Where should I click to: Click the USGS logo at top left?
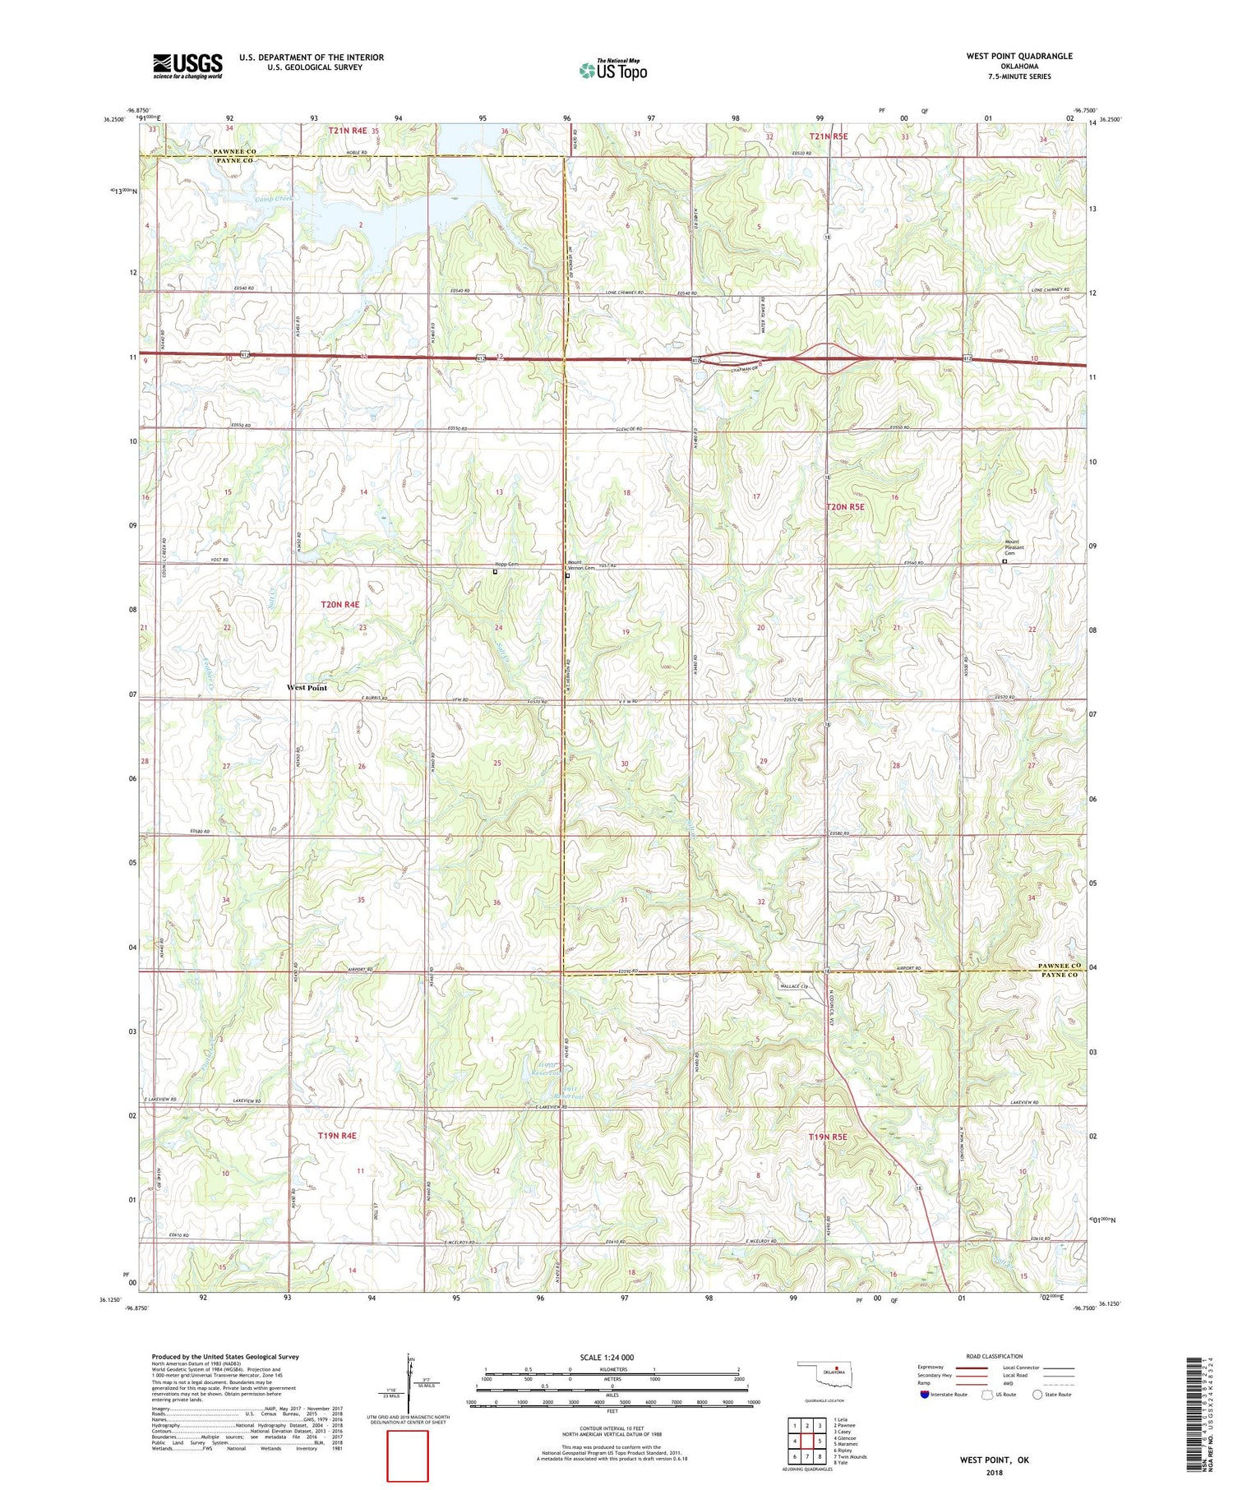click(x=187, y=66)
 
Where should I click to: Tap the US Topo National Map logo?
click(x=612, y=70)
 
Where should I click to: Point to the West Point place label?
click(x=307, y=688)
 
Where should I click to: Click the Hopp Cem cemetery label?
click(x=506, y=565)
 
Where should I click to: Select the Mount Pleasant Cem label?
click(x=1011, y=547)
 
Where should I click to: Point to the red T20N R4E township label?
click(x=339, y=604)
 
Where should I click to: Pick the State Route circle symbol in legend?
click(x=1037, y=1395)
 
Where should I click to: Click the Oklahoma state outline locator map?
click(x=830, y=1372)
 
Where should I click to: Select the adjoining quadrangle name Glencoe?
click(x=847, y=1437)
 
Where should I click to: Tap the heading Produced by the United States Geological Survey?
click(x=224, y=1357)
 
